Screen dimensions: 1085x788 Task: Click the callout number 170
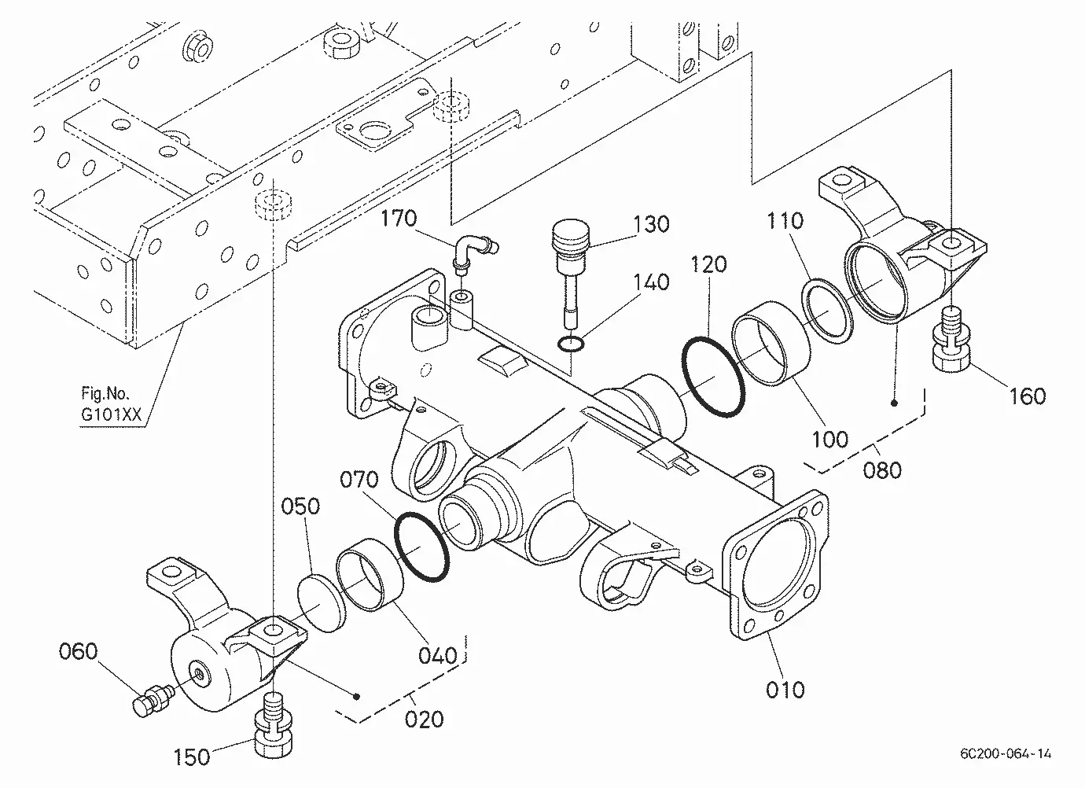(x=398, y=218)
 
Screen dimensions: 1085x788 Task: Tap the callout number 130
(x=652, y=224)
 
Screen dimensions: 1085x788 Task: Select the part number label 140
(x=652, y=282)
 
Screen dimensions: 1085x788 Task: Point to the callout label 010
(x=785, y=690)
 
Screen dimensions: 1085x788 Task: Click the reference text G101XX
(x=111, y=414)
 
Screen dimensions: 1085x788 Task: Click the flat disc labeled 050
(x=322, y=603)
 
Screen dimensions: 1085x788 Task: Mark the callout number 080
(x=882, y=470)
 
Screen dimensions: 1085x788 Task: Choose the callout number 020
(x=425, y=719)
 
